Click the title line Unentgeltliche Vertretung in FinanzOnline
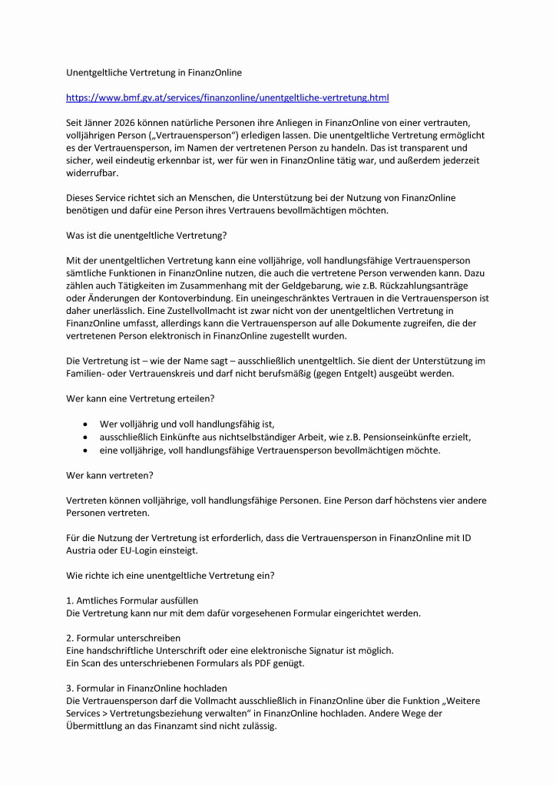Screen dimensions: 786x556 154,73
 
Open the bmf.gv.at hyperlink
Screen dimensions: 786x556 227,97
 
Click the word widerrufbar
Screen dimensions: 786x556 91,172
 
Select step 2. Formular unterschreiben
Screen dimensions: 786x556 124,637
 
